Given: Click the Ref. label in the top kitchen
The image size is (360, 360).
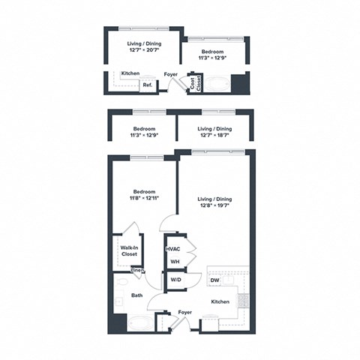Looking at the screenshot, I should pos(148,85).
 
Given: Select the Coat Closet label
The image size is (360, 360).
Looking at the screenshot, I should pos(194,82).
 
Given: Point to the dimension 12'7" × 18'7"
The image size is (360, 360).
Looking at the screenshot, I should pos(216,136).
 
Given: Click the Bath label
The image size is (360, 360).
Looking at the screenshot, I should pos(136,295).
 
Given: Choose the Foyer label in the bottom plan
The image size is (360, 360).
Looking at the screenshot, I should pos(184,312).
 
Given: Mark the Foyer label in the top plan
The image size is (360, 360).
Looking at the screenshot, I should pos(171,73).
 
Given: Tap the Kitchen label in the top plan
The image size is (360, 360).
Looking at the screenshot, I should pos(130,73).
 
